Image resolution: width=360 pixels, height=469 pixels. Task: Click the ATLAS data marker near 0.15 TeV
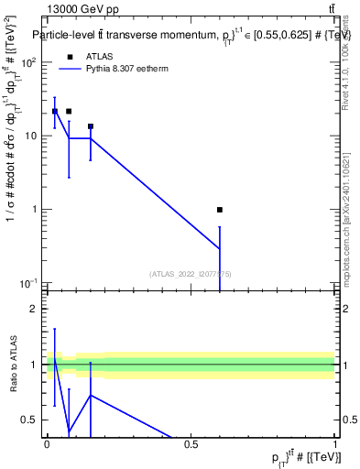pos(91,126)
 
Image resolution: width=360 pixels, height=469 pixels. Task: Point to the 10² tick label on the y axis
pos(29,63)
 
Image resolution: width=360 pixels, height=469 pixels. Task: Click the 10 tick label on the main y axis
pos(32,136)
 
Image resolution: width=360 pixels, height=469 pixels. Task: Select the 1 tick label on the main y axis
pos(36,209)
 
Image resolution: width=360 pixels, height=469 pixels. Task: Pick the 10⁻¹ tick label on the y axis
pos(29,282)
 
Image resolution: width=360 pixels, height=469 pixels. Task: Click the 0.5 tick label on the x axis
pos(191,443)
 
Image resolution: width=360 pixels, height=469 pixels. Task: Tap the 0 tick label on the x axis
pos(47,443)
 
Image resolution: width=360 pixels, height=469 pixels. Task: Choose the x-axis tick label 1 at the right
pos(334,443)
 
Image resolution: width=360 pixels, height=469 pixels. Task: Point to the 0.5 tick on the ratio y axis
pos(30,420)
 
